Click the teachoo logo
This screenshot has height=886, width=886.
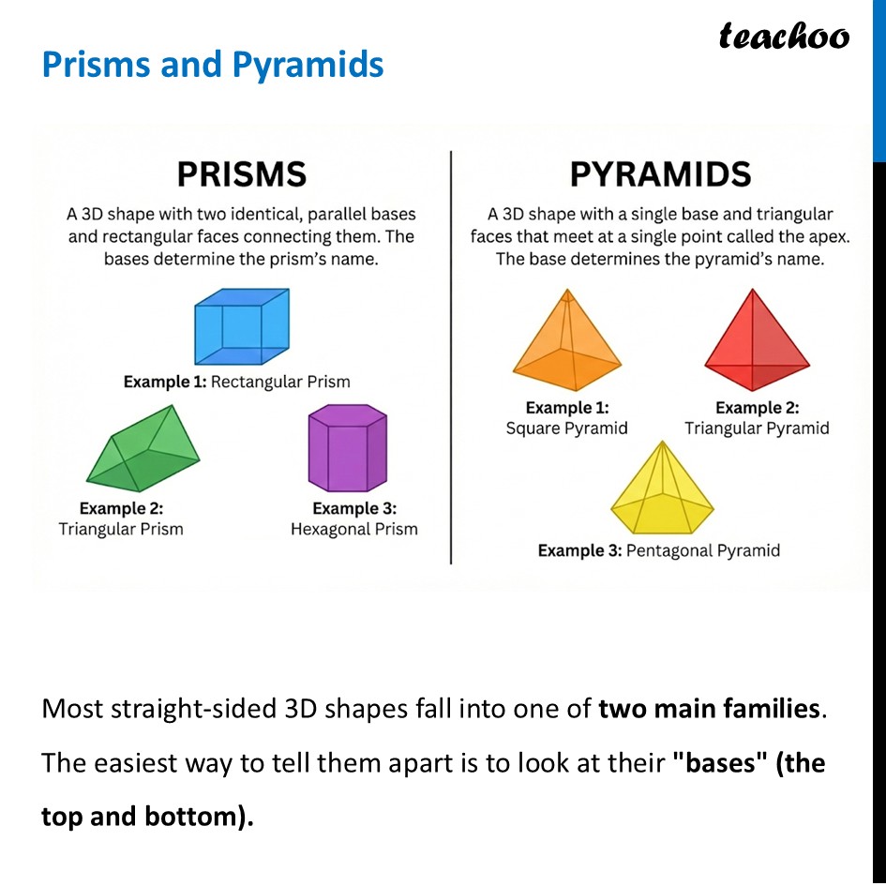(x=784, y=36)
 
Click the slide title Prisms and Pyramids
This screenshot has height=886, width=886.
(x=213, y=65)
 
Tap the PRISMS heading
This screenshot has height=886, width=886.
(x=242, y=174)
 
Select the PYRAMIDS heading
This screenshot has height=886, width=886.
(x=660, y=174)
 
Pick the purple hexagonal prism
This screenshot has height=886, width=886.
(x=347, y=448)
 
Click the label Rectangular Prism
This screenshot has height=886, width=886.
(x=280, y=382)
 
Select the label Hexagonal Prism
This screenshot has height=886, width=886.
(x=354, y=530)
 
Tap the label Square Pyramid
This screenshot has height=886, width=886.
(x=566, y=428)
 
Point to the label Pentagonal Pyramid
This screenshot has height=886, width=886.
(x=702, y=550)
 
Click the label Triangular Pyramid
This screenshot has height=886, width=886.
(x=757, y=428)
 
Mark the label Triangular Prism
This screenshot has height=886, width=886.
(x=121, y=530)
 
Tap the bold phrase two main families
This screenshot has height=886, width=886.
(x=708, y=709)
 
